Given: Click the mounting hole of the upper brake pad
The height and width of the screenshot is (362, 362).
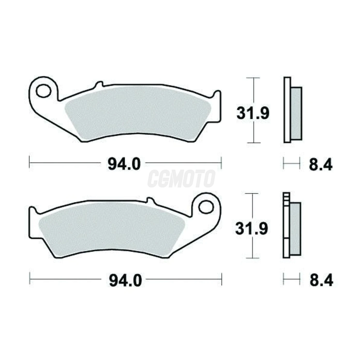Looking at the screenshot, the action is point(44,91).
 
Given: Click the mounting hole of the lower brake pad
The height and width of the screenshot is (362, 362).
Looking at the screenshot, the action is point(206,207).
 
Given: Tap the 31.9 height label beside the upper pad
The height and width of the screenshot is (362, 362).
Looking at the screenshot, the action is point(253,113).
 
